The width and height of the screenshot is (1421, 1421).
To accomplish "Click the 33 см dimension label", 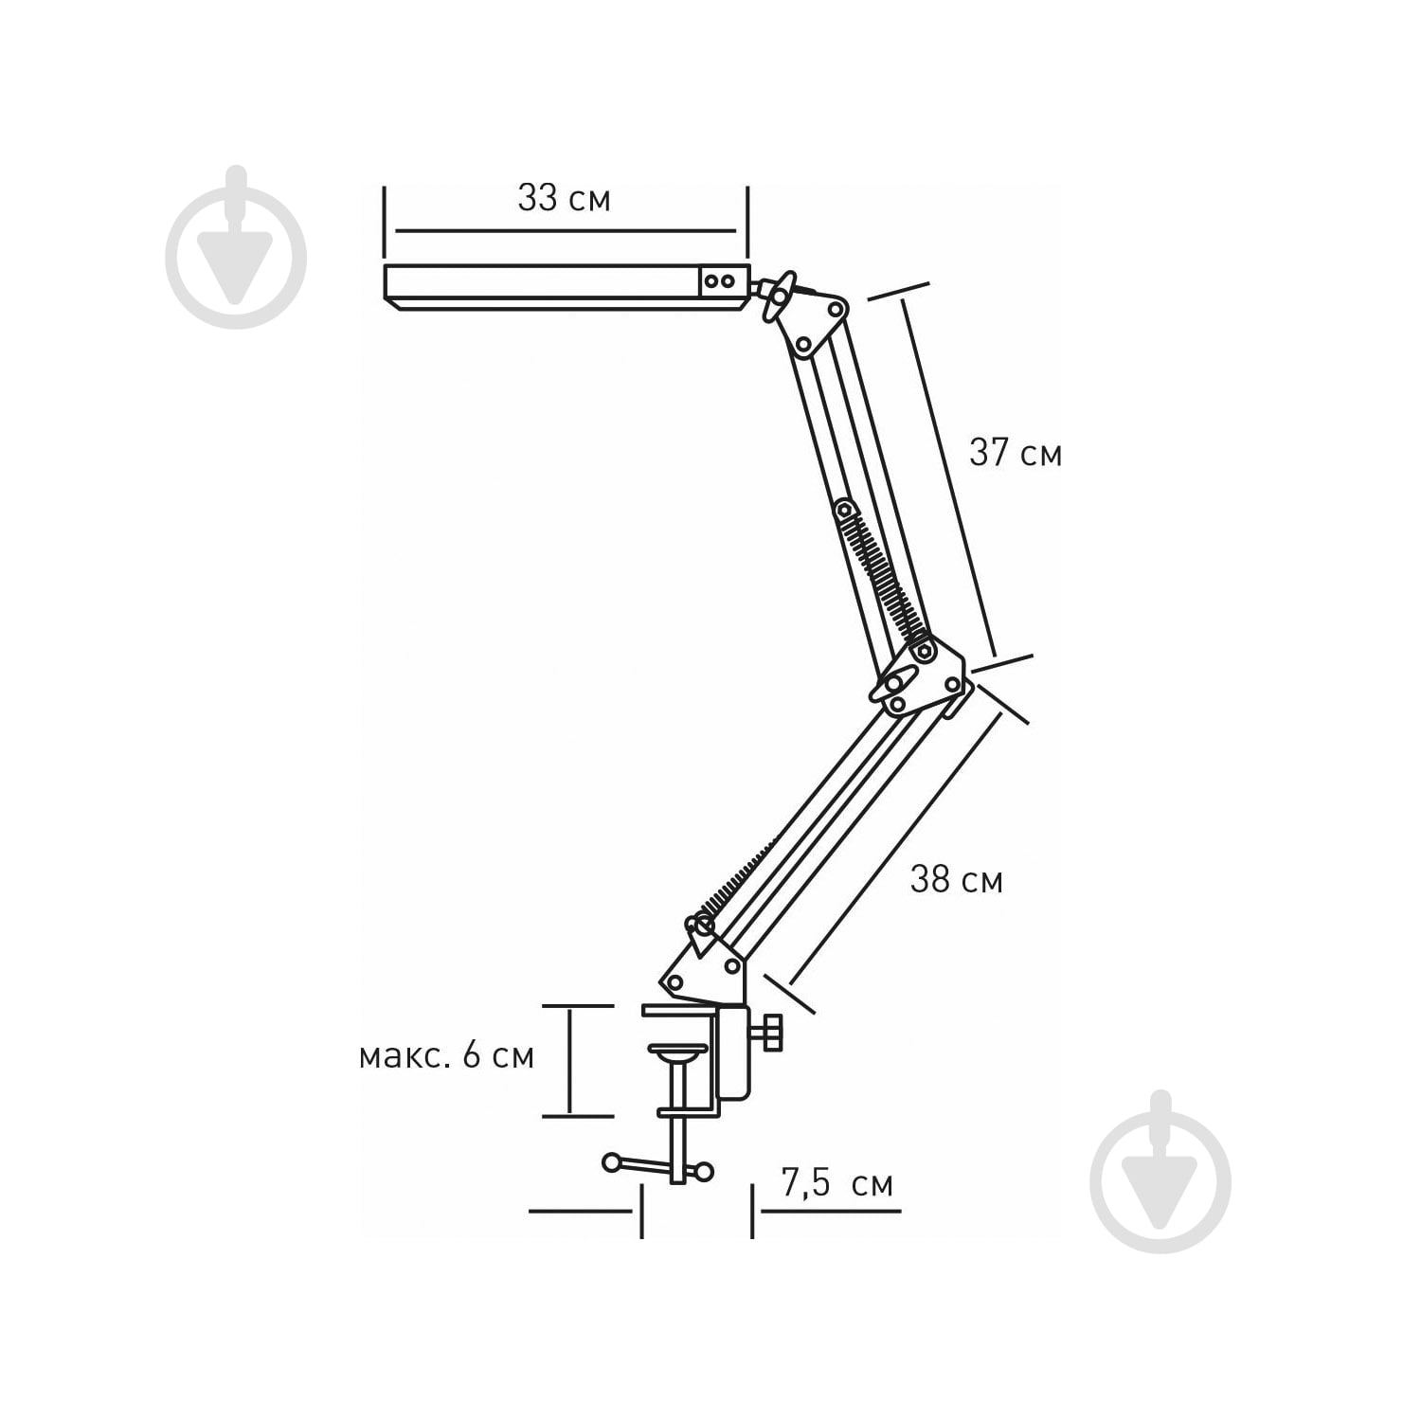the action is tap(564, 199).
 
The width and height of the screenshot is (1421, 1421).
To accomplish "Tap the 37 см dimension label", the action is tap(1016, 453).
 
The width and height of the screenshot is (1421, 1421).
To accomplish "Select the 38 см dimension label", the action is tap(956, 879).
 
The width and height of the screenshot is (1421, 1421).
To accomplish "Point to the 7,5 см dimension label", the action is tap(837, 1184).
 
